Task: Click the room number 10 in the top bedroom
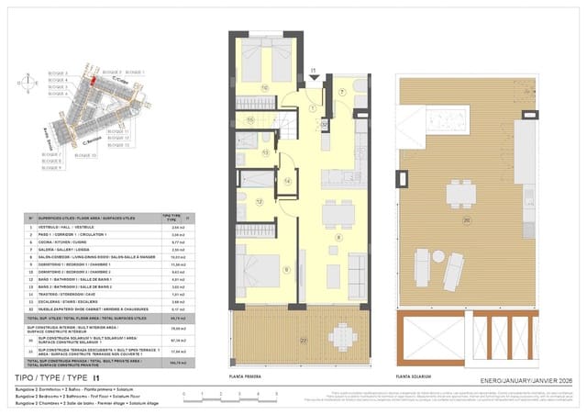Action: [264, 88]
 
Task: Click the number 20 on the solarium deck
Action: [466, 221]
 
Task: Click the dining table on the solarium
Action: [460, 194]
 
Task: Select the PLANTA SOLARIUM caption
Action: [415, 376]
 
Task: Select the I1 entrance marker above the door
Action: [312, 69]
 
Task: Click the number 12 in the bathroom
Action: [260, 201]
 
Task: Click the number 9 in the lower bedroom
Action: [286, 268]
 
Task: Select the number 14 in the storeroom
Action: [286, 182]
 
